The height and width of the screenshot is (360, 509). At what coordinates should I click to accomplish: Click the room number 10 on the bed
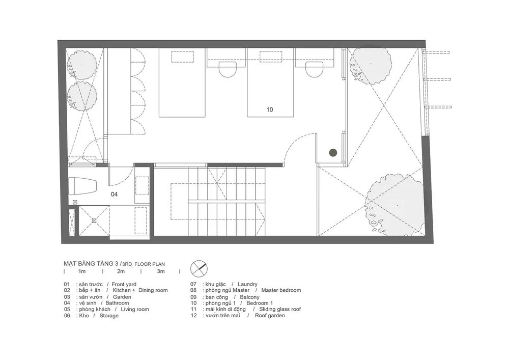[270, 109]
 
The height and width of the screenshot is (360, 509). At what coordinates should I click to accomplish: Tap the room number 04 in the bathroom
[114, 195]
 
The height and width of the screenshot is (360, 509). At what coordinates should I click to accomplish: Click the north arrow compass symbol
[199, 269]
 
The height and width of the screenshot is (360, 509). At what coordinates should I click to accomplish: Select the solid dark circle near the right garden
[333, 153]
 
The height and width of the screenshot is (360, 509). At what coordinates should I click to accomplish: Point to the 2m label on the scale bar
[121, 271]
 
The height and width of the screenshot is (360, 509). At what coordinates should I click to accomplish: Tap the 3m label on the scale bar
[161, 271]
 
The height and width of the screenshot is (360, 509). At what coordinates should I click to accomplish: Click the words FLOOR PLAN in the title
[150, 264]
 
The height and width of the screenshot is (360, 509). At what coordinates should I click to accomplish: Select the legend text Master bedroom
[281, 290]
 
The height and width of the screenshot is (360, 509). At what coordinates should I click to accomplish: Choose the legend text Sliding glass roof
[280, 310]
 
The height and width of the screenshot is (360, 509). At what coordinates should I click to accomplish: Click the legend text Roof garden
[270, 316]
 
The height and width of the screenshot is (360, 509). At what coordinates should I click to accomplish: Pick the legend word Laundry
[247, 284]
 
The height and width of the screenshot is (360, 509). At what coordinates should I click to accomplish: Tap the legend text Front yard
[124, 284]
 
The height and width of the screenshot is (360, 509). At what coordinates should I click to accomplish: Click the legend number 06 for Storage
[67, 316]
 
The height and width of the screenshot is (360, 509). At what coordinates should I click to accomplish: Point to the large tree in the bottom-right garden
[395, 207]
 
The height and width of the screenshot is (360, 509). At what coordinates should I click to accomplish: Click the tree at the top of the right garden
[371, 66]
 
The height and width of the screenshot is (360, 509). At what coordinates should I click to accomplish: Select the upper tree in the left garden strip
[82, 65]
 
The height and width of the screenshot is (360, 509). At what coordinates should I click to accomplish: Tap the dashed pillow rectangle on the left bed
[183, 57]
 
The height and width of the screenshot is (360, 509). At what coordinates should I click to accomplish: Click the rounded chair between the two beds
[227, 69]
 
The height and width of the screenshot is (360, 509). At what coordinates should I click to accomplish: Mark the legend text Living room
[135, 310]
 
